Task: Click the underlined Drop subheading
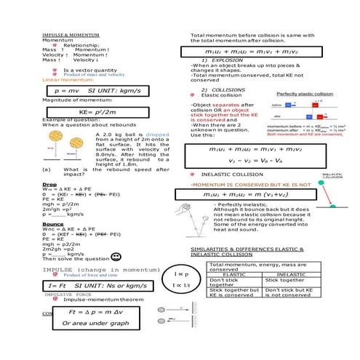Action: pos(49,185)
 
